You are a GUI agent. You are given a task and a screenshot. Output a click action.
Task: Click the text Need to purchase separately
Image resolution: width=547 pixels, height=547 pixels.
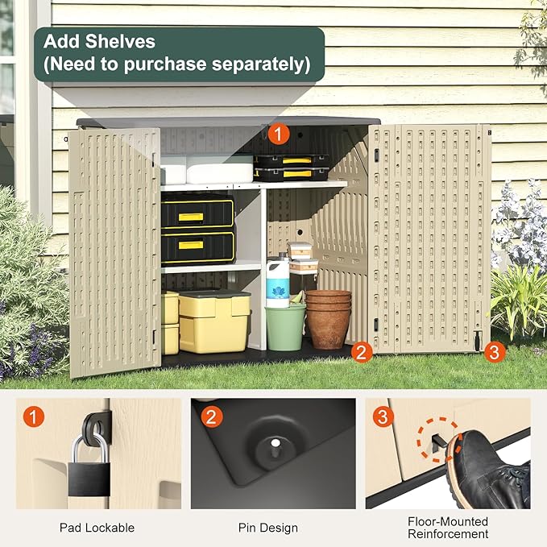pyautogui.click(x=177, y=64)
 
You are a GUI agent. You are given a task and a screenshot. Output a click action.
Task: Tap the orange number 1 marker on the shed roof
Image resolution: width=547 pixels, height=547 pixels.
pyautogui.click(x=278, y=134)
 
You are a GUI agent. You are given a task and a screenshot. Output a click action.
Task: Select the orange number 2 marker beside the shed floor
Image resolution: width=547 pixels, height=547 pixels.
pyautogui.click(x=362, y=351)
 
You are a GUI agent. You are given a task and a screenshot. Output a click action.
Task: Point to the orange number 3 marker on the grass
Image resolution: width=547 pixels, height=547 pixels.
pyautogui.click(x=495, y=351)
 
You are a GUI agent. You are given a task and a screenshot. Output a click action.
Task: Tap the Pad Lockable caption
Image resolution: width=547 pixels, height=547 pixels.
pyautogui.click(x=97, y=528)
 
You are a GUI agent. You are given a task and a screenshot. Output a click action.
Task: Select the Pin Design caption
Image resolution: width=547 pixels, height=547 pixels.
pyautogui.click(x=267, y=528)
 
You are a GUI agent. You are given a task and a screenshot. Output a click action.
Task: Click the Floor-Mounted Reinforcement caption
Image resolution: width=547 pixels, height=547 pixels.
pyautogui.click(x=448, y=527)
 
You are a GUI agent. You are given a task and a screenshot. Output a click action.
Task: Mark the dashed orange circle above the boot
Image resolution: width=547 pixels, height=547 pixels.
pyautogui.click(x=437, y=439)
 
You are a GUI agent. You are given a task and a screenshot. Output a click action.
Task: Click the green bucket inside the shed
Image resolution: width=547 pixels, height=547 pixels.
pyautogui.click(x=285, y=325)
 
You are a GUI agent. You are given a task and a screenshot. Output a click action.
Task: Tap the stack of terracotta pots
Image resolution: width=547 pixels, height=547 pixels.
pyautogui.click(x=329, y=317)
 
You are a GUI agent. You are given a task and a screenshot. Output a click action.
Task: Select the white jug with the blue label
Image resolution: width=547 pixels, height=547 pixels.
pyautogui.click(x=277, y=282)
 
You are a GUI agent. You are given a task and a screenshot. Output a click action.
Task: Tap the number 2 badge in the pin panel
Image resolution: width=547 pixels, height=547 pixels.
pyautogui.click(x=211, y=417)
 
